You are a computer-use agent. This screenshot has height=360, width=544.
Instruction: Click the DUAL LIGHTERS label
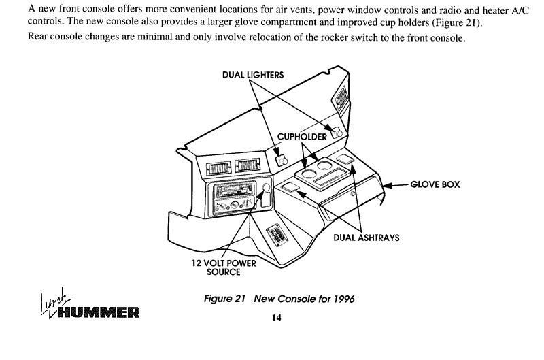(253, 75)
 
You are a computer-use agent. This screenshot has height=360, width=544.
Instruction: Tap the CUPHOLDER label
(302, 137)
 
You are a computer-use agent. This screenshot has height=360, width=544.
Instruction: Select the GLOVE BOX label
(435, 184)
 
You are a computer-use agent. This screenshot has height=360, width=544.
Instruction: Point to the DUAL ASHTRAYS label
(367, 238)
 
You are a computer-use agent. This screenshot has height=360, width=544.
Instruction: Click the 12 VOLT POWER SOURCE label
(224, 267)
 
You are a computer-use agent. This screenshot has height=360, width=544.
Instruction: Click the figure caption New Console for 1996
(279, 299)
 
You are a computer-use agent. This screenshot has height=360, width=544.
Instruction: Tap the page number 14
(277, 318)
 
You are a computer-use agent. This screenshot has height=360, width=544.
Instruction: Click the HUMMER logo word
(99, 312)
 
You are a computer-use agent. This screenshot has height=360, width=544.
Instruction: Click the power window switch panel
(277, 235)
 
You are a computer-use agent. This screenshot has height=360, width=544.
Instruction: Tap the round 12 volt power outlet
(266, 188)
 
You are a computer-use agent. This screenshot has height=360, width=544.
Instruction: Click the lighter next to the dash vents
(282, 161)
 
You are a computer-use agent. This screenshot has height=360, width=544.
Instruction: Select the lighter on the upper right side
(337, 133)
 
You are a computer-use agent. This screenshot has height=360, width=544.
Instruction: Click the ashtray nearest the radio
(290, 188)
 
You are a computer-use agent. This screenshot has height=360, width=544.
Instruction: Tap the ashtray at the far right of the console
(345, 159)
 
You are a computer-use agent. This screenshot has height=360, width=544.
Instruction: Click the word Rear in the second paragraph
(37, 36)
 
